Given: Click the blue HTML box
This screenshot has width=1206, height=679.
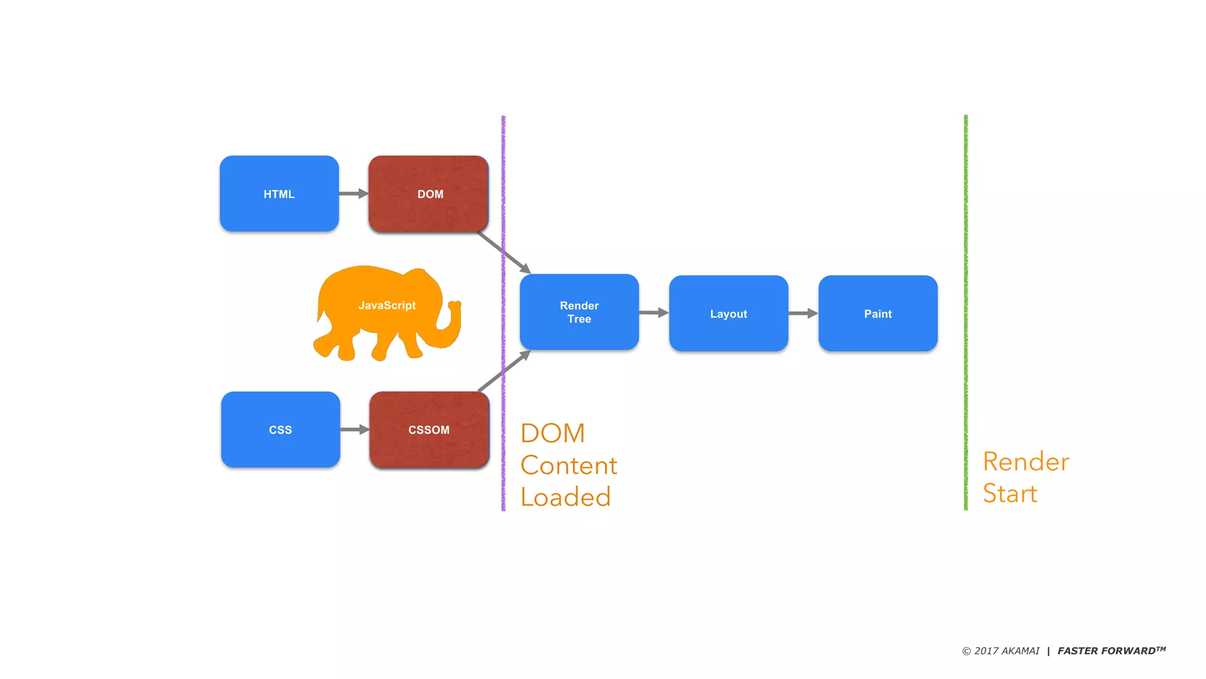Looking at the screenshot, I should pos(279,193).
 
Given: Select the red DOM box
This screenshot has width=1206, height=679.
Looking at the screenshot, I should pos(429,193).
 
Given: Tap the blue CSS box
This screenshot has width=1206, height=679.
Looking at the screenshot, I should pos(280,430).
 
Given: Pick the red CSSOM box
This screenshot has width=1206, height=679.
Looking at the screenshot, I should pos(429,430).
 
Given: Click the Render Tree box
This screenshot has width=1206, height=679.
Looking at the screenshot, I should pos(579,312).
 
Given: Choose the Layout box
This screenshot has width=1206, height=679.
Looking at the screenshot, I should pos(728,314).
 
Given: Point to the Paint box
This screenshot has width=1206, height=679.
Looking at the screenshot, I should pos(877,314).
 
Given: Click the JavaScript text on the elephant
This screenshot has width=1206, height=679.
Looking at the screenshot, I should pos(387,305).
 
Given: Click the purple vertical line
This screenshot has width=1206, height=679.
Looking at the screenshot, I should pos(503,177).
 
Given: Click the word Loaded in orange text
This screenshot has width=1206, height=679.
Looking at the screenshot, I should pos(565,497).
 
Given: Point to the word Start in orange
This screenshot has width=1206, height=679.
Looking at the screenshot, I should pos(1010,493).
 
